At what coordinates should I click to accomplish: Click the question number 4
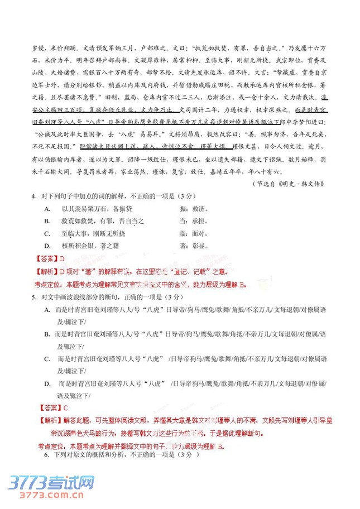point(34,197)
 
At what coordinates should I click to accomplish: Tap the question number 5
point(34,297)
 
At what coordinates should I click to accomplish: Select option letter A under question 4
point(47,209)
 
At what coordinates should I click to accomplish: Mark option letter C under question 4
point(47,233)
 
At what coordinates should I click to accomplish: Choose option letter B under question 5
point(47,334)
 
